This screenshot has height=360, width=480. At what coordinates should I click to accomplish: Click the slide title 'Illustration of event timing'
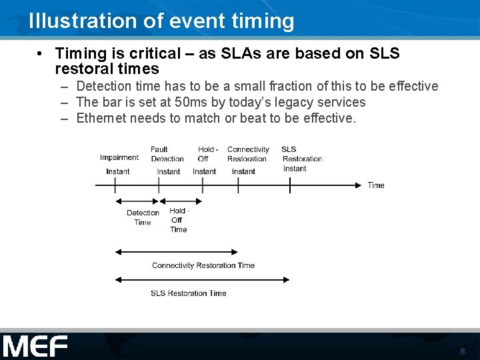tap(161, 21)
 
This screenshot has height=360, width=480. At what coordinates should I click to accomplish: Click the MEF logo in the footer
tap(35, 347)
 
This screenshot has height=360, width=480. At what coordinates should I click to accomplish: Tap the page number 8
tap(462, 351)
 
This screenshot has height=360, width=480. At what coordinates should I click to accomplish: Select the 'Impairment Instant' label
tap(119, 164)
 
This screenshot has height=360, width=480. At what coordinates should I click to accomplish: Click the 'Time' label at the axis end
tap(376, 185)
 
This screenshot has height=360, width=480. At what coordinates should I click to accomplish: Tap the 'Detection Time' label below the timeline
tap(143, 218)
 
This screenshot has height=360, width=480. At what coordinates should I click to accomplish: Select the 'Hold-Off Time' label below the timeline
tap(178, 220)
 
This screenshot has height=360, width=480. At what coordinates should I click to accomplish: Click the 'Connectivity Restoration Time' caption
tap(203, 265)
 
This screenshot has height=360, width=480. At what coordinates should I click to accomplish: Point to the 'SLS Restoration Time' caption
tap(188, 293)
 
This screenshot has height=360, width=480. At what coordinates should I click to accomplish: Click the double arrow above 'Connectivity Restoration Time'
tap(176, 252)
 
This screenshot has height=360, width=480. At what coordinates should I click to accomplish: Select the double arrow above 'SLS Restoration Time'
tap(203, 279)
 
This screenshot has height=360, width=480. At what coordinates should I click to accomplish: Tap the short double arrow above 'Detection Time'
tap(137, 200)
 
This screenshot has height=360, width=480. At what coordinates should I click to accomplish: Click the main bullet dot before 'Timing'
tap(41, 53)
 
